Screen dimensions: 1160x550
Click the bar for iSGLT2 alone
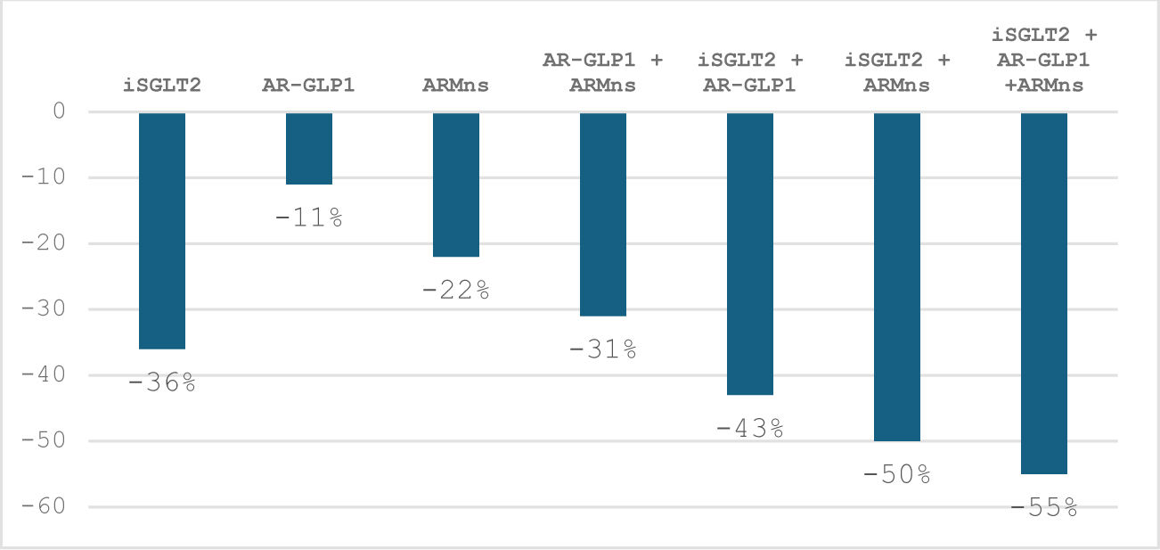pos(162,231)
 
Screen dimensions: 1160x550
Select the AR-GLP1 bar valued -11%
pos(309,149)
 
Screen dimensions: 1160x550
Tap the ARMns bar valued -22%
pos(456,185)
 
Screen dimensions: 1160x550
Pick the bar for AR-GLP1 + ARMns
pos(603,215)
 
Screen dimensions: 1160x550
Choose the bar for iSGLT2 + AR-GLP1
pos(750,254)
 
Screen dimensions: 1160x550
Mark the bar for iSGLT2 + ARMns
pos(897,277)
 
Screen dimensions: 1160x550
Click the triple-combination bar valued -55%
pos(1044,293)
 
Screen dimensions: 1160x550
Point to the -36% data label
pos(162,382)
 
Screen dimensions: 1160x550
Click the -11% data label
pos(309,218)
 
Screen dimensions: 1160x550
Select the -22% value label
pos(456,290)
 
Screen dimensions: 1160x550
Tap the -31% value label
pos(603,349)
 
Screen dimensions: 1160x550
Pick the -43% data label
pos(750,429)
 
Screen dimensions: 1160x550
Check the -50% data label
pos(897,474)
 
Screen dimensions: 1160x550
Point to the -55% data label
pos(1044,507)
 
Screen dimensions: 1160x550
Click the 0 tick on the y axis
pos(59,111)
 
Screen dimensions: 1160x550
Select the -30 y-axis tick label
pos(44,309)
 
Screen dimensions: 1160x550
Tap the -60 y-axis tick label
pos(44,506)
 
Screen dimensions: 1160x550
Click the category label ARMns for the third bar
pos(456,85)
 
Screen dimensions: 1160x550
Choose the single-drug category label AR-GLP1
pos(308,85)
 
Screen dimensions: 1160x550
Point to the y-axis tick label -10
pos(44,177)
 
